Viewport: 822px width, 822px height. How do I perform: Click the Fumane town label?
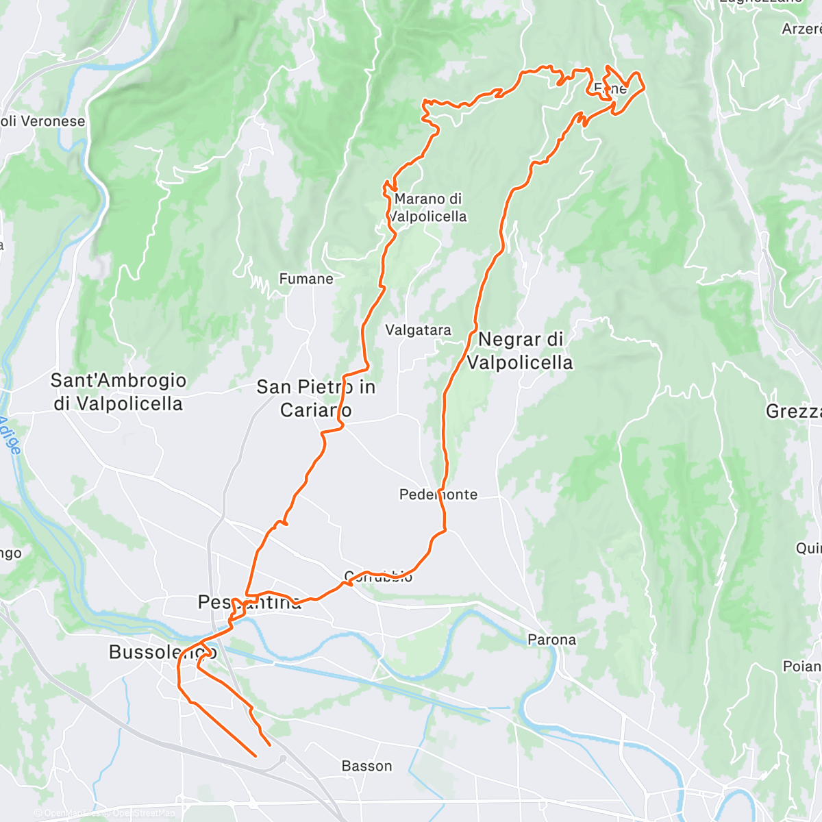point(306,279)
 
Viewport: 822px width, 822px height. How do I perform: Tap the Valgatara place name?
point(418,330)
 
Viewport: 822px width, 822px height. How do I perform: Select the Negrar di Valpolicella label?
point(520,350)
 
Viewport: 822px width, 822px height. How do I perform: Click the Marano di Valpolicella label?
point(428,208)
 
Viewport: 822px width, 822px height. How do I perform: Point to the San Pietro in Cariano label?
point(316,398)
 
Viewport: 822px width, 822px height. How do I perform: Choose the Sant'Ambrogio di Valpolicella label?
point(119,392)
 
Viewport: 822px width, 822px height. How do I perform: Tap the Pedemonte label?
point(438,495)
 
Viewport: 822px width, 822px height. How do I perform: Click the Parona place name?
point(551,640)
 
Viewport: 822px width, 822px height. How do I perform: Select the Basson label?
point(366,766)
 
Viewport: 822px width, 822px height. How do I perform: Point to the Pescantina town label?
point(249,603)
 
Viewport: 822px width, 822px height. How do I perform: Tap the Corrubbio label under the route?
point(378,576)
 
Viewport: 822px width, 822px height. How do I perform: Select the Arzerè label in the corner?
point(801,29)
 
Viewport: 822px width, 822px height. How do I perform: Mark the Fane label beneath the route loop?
point(610,89)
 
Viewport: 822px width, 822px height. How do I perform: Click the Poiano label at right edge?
point(802,667)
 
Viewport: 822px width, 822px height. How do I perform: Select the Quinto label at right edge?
point(808,549)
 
